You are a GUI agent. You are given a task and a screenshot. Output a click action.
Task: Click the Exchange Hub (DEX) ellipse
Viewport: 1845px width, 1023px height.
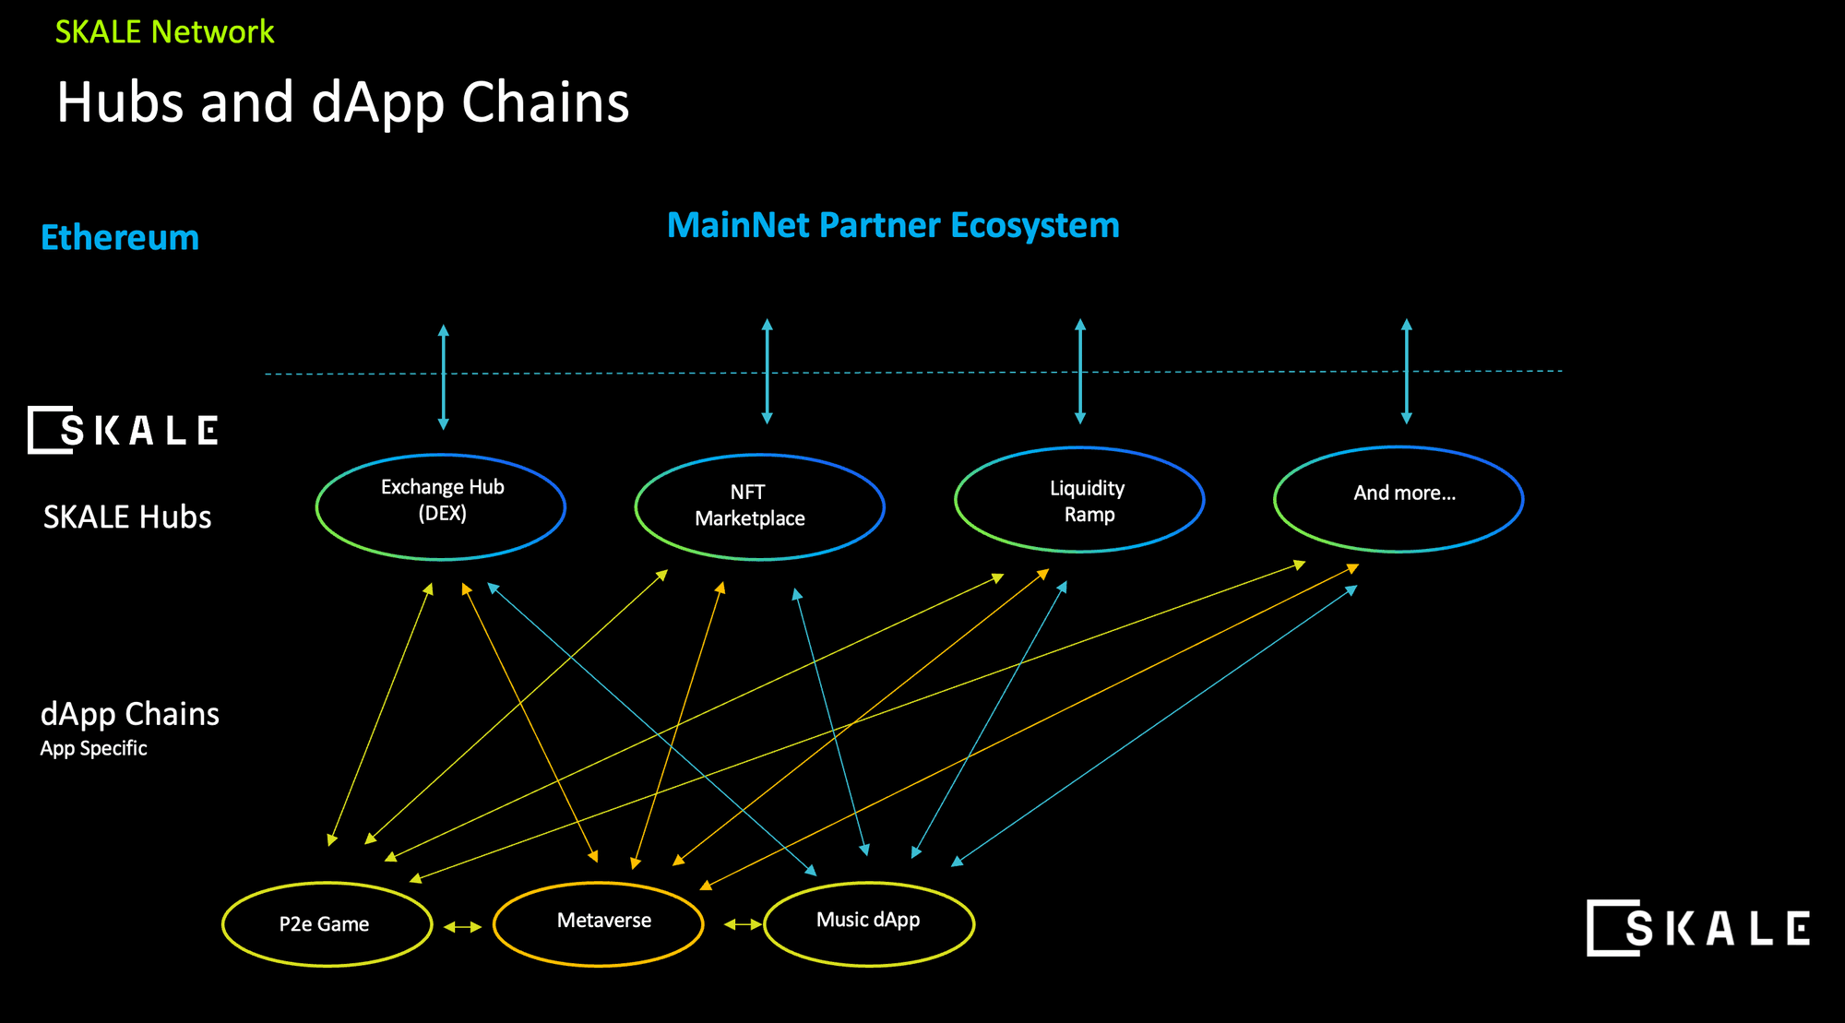[441, 506]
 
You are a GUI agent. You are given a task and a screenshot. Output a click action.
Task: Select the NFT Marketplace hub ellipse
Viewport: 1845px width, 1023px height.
[759, 506]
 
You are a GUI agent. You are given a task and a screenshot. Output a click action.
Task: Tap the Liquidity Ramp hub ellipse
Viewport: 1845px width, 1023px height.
[1079, 500]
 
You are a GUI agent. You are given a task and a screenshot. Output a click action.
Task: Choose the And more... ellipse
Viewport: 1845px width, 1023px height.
[1399, 499]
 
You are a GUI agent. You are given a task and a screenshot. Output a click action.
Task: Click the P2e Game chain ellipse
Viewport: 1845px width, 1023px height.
[327, 924]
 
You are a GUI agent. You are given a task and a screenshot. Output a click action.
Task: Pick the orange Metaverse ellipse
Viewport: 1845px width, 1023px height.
[599, 923]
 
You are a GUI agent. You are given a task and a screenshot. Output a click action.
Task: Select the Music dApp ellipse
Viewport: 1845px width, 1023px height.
[869, 923]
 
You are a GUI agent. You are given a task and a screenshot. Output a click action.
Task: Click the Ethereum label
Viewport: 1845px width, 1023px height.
[120, 238]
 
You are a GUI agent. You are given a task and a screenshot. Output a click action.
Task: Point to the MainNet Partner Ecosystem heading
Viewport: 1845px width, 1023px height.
[893, 226]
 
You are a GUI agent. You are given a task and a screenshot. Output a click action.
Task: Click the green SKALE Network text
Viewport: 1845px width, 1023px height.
[164, 32]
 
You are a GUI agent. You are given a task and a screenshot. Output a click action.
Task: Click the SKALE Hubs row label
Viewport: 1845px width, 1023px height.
[127, 517]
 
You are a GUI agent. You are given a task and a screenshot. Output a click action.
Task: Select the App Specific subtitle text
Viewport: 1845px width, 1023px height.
[93, 748]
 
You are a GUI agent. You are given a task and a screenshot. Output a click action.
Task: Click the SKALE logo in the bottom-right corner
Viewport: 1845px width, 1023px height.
[1697, 928]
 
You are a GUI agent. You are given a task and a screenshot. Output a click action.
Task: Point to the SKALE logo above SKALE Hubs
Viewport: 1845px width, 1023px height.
[123, 430]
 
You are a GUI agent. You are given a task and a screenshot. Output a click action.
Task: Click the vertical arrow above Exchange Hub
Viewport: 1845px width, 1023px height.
[444, 376]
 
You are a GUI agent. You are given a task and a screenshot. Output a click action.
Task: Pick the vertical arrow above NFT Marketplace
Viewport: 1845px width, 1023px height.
[767, 371]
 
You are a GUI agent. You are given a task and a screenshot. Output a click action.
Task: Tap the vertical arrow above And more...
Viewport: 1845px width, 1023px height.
[1406, 371]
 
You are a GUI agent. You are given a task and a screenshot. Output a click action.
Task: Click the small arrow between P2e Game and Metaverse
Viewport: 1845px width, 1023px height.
[462, 926]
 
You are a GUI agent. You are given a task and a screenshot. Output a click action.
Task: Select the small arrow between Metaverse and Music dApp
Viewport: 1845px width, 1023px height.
[742, 923]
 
